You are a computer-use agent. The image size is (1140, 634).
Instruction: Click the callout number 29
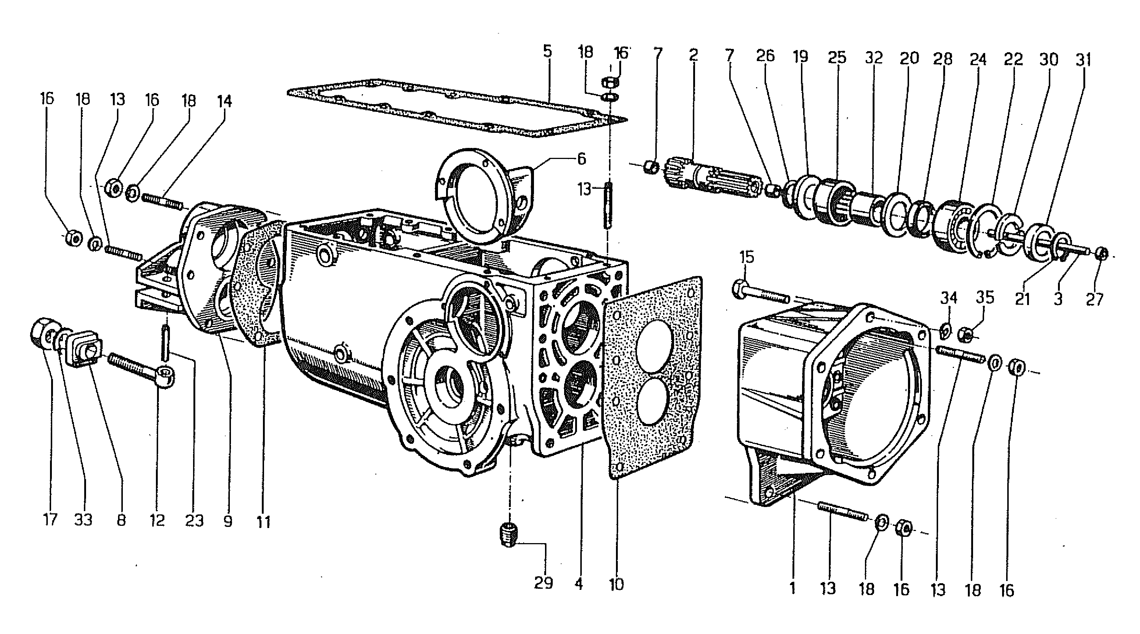pos(543,582)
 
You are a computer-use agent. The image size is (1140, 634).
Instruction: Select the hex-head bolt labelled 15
pos(761,292)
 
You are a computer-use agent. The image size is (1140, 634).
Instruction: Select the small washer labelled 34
pos(944,330)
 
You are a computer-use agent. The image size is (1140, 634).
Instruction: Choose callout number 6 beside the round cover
pos(581,159)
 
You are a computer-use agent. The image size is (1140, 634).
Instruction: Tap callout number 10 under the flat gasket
pos(616,584)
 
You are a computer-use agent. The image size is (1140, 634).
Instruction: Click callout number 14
pos(224,102)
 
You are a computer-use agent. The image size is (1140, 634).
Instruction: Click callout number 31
pos(1083,59)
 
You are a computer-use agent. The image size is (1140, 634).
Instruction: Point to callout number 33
pos(83,519)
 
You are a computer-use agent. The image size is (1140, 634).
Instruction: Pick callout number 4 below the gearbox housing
pos(578,584)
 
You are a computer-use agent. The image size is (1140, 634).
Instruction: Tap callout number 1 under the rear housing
pos(792,588)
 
